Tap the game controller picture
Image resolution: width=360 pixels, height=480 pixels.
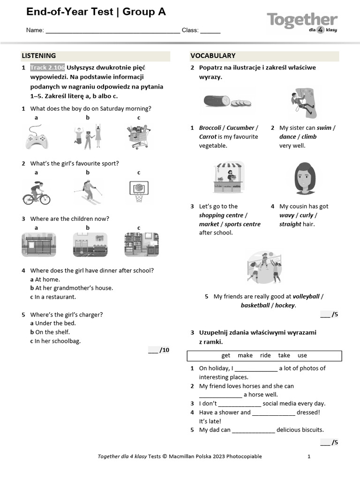pyautogui.click(x=36, y=137)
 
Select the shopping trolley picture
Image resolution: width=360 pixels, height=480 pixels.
pyautogui.click(x=139, y=137)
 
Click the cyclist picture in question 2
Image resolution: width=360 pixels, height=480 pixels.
pyautogui.click(x=36, y=193)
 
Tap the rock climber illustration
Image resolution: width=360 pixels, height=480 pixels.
pyautogui.click(x=302, y=103)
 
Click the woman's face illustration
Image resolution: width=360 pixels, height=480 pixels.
pyautogui.click(x=305, y=178)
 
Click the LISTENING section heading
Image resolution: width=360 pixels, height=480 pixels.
pyautogui.click(x=39, y=56)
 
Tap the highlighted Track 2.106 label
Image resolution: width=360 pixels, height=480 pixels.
pyautogui.click(x=47, y=67)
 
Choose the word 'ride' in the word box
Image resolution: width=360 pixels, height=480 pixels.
pyautogui.click(x=265, y=355)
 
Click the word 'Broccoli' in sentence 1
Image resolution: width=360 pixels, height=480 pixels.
pyautogui.click(x=210, y=128)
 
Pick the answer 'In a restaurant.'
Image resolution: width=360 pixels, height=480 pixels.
pyautogui.click(x=55, y=297)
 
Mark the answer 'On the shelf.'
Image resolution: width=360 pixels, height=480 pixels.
pyautogui.click(x=52, y=332)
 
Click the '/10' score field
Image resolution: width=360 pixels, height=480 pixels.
pyautogui.click(x=159, y=350)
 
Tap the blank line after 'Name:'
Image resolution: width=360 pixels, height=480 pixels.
pyautogui.click(x=112, y=30)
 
